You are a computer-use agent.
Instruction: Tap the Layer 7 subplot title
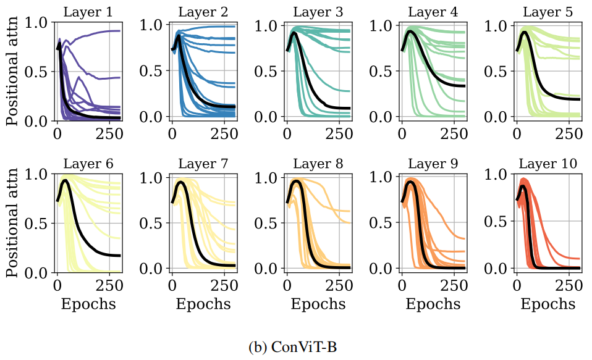(x=203, y=164)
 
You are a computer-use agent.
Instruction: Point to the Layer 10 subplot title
(x=548, y=164)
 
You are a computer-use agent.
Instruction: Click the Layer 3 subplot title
(x=318, y=12)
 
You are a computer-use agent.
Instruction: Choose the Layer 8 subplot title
(x=318, y=164)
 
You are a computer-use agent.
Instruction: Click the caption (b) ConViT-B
(x=292, y=346)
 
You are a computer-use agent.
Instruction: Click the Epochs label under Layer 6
(x=88, y=304)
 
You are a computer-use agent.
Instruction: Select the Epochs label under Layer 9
(x=433, y=304)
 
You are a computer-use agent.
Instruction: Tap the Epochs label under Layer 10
(x=548, y=304)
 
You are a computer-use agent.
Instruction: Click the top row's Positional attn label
(x=12, y=71)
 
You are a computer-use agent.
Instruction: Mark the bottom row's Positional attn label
(x=12, y=223)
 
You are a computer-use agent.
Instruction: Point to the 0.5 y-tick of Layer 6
(x=37, y=224)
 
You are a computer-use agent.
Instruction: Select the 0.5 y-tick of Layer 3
(x=267, y=70)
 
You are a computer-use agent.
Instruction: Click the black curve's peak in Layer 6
(x=64, y=181)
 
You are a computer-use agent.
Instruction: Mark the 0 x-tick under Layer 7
(x=172, y=286)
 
